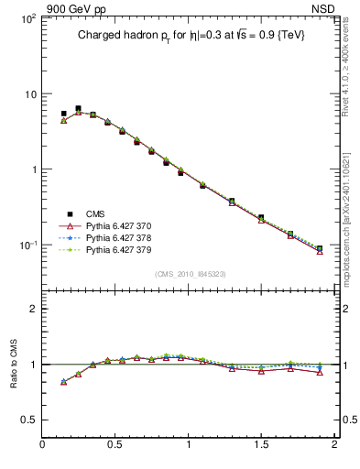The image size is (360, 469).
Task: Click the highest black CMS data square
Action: [78, 109]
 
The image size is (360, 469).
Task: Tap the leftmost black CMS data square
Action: [63, 114]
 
